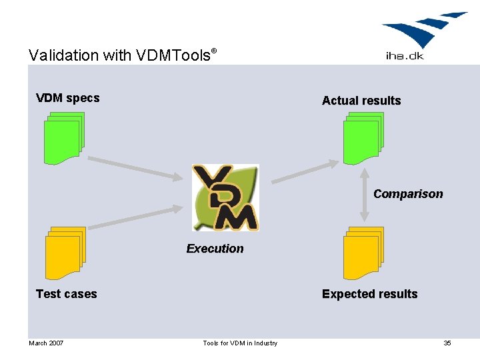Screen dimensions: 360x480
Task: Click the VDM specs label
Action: click(x=67, y=98)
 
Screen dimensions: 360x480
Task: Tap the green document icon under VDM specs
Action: click(x=64, y=138)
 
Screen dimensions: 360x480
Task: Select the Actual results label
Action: click(x=361, y=101)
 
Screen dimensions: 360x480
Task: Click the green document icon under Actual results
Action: click(x=363, y=138)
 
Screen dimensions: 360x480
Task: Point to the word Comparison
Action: click(x=407, y=194)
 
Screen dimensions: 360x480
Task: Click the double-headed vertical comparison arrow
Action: click(x=364, y=194)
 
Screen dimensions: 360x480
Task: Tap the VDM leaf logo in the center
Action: click(x=225, y=197)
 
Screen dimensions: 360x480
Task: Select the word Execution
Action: click(x=215, y=249)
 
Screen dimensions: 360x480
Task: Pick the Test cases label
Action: click(x=66, y=294)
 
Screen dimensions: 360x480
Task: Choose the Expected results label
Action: click(x=369, y=294)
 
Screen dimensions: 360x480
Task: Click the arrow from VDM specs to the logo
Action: click(x=135, y=168)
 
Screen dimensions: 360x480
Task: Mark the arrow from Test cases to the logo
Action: click(x=135, y=218)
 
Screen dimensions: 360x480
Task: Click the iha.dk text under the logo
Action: click(x=404, y=56)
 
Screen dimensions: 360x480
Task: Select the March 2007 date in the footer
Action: click(x=46, y=343)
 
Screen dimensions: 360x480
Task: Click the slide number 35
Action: click(x=447, y=343)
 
